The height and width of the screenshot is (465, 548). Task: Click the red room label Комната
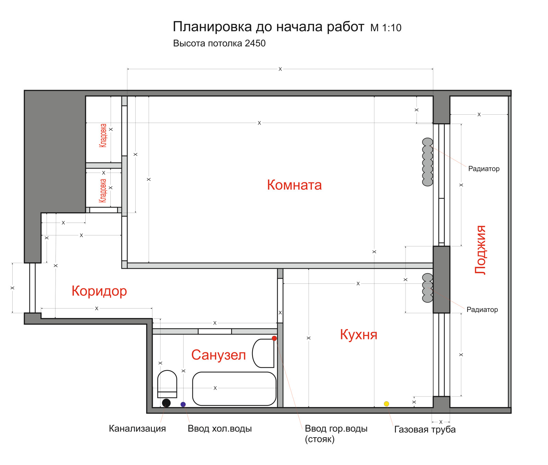click(x=294, y=185)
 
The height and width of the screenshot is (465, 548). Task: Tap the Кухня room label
click(x=359, y=335)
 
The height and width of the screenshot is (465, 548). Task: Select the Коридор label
click(x=99, y=291)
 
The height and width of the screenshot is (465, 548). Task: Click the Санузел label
click(x=219, y=355)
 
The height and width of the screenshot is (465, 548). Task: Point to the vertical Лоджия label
click(x=480, y=250)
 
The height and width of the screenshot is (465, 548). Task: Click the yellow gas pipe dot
click(x=386, y=404)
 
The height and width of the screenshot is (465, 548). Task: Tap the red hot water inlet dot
click(x=274, y=338)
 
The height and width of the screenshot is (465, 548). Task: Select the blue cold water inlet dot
click(x=183, y=404)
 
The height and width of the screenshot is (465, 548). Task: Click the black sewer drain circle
click(x=166, y=403)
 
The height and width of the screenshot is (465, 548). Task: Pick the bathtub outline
click(x=234, y=389)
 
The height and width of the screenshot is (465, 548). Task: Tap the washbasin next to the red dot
click(x=263, y=353)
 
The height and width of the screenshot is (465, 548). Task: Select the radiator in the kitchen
click(x=427, y=288)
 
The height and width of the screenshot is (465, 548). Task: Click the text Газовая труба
click(x=425, y=429)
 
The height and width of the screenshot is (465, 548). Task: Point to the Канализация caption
click(x=137, y=429)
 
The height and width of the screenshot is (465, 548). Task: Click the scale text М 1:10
click(x=386, y=28)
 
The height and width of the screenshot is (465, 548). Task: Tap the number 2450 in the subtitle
click(x=255, y=43)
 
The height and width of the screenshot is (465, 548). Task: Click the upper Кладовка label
click(x=103, y=136)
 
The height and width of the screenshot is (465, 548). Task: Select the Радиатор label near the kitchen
click(x=482, y=310)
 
